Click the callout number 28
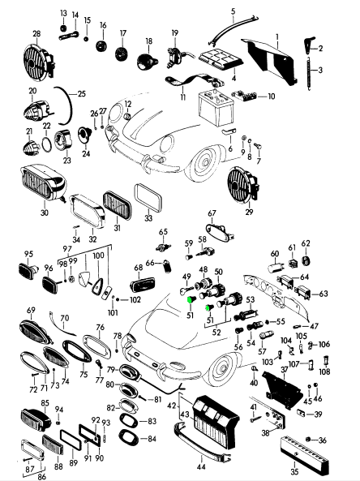(x=36, y=34)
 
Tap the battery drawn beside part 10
(x=216, y=108)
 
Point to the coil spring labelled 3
(x=309, y=73)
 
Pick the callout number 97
(x=67, y=249)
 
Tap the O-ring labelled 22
(x=47, y=144)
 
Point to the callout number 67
(x=212, y=213)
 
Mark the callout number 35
(x=294, y=473)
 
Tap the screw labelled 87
(x=28, y=460)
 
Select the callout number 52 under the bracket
(x=216, y=333)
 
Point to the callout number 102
(x=135, y=299)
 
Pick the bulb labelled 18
(x=147, y=62)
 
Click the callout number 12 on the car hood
(x=128, y=104)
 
